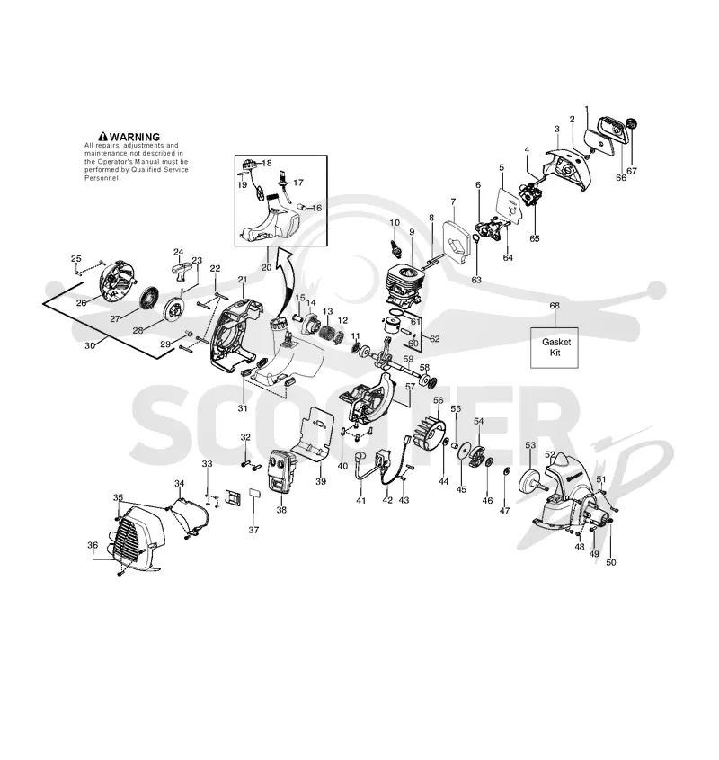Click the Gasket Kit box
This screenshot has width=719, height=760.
click(555, 347)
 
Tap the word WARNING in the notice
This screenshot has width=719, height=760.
click(134, 138)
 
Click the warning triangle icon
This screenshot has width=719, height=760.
click(102, 138)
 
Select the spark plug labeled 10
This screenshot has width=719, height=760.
click(397, 246)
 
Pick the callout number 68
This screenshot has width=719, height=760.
click(555, 306)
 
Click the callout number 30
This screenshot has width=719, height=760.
click(90, 345)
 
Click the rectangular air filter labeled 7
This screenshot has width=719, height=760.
click(455, 241)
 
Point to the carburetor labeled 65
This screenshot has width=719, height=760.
click(532, 195)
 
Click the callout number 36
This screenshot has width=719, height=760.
click(93, 545)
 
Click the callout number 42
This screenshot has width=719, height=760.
click(387, 500)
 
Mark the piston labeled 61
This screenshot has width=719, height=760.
click(395, 326)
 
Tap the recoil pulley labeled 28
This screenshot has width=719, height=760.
click(172, 308)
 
